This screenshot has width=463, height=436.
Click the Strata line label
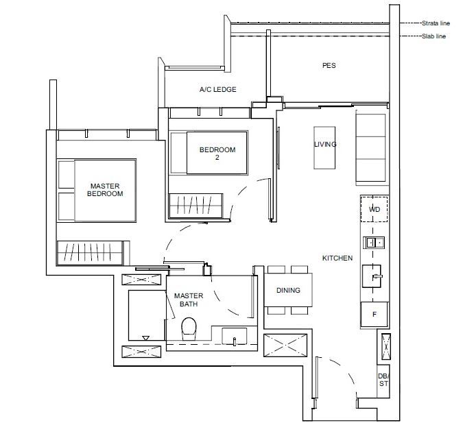pos(436,23)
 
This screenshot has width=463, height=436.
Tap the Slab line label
pos(434,36)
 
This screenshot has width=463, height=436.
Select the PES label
pos(329,65)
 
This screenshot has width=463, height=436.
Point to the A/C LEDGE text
pos(218,89)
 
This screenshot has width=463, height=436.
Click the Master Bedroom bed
pos(97,191)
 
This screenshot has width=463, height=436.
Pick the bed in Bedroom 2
pos(209,153)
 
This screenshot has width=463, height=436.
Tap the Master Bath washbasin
pos(235,336)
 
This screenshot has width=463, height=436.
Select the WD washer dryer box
pos(374,209)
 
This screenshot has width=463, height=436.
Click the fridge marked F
pos(375,314)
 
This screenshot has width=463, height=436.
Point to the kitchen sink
pos(374,243)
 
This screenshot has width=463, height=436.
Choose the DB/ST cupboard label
pos(383,380)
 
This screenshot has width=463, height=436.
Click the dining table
pos(288,290)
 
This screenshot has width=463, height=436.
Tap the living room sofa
pos(371,148)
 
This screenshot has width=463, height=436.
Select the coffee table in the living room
pos(324,147)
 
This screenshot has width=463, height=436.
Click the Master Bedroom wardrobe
pos(90,253)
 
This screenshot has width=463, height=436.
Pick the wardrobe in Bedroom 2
pos(195,206)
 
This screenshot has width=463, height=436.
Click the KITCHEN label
pos(337,258)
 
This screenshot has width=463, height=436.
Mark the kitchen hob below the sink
pos(372,276)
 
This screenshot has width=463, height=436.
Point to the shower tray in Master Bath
pos(147,315)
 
